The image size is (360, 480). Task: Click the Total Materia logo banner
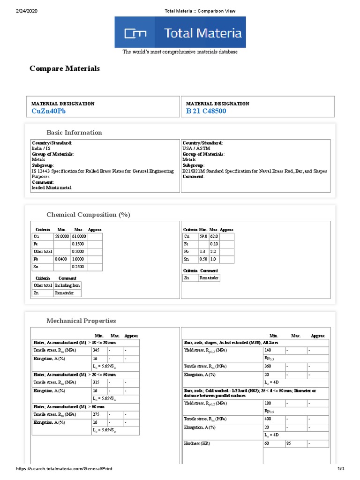click(180, 32)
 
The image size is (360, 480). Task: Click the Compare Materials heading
click(65, 68)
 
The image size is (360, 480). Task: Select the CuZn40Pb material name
click(49, 111)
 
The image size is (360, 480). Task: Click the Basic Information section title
click(74, 133)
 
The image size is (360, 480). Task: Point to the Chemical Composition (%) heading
click(88, 215)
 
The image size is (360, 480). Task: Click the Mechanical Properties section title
click(81, 321)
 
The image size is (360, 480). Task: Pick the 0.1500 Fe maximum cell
click(78, 244)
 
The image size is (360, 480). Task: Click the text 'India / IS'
click(41, 148)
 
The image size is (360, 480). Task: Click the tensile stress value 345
click(96, 350)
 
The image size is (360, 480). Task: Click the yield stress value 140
click(268, 350)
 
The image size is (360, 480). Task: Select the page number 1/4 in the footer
click(341, 469)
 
